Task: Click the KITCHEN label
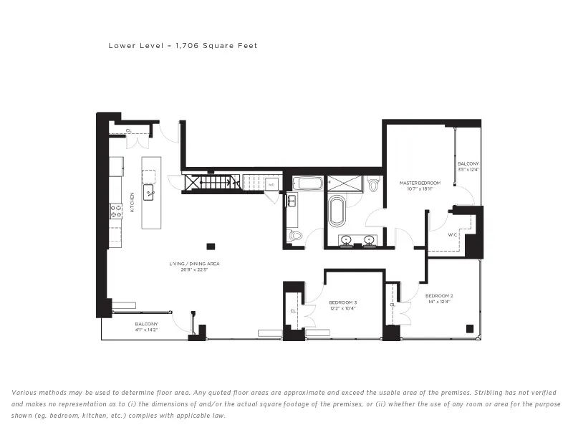(133, 202)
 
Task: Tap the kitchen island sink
(150, 193)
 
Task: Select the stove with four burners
(116, 210)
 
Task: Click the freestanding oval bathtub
(336, 213)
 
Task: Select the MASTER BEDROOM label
(420, 183)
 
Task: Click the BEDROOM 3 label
(342, 302)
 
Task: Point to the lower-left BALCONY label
(145, 324)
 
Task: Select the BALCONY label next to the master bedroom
(468, 163)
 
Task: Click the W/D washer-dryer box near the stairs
(271, 184)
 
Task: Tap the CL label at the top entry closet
(129, 130)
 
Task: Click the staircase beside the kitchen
(213, 183)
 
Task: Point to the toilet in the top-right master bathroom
(372, 185)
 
